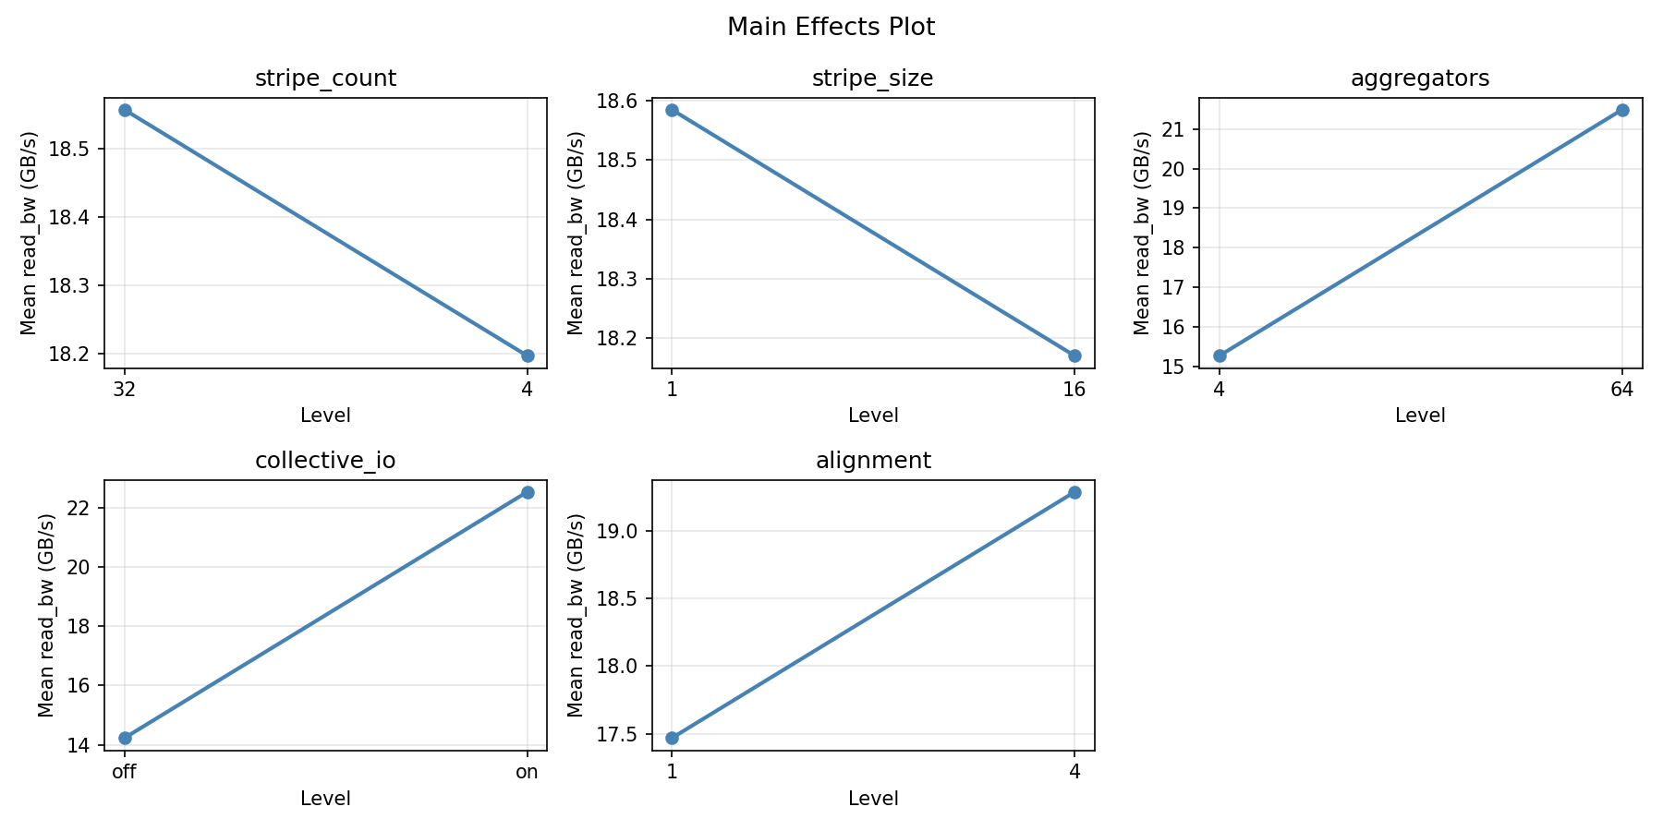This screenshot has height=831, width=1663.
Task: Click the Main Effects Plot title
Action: click(831, 28)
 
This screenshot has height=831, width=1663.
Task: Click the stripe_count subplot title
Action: click(325, 78)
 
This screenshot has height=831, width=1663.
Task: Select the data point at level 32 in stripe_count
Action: click(125, 110)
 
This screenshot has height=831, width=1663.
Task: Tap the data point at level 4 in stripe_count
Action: click(527, 355)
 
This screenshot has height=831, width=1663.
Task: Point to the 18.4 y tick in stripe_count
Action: click(73, 218)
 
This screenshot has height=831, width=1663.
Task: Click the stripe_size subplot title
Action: click(872, 78)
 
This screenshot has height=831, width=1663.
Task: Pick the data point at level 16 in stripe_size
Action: click(1074, 355)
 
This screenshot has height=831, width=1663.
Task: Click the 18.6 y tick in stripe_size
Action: click(621, 101)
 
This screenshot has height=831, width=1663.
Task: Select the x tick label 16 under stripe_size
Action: click(1074, 390)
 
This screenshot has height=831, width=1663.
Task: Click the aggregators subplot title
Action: click(1420, 78)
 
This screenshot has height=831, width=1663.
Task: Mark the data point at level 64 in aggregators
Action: click(1621, 110)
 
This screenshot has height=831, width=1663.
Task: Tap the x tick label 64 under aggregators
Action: click(1621, 390)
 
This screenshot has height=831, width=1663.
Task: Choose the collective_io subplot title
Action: click(325, 461)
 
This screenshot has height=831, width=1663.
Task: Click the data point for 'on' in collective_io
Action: click(527, 492)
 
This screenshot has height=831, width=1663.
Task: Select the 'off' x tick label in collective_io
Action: click(125, 772)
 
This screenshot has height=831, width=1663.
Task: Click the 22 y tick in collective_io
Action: click(82, 509)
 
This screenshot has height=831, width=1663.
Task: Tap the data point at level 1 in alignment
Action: click(672, 738)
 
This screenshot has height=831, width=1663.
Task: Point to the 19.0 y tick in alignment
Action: click(621, 531)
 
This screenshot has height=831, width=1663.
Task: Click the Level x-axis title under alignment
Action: click(872, 798)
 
